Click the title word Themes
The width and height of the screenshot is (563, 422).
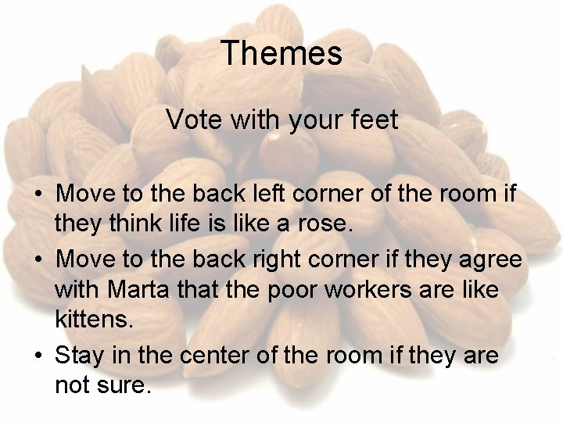coord(281,54)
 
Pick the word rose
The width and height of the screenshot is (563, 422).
coord(331,225)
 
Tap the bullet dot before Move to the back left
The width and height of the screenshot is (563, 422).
coord(38,194)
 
